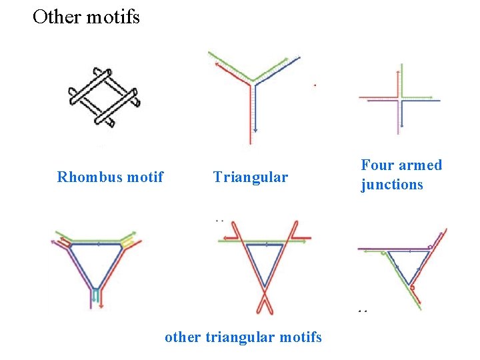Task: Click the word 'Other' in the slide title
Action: coord(56,17)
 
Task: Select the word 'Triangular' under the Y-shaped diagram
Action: coord(251,177)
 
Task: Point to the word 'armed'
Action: coord(420,165)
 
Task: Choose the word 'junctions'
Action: coord(392,185)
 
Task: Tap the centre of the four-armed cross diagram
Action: coord(399,100)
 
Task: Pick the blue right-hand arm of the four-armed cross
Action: coord(421,101)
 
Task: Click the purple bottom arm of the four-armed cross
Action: coord(399,120)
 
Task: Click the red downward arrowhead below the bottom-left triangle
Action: coord(101,306)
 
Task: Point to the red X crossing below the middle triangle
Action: coord(264,295)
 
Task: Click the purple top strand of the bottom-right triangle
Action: coord(387,249)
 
